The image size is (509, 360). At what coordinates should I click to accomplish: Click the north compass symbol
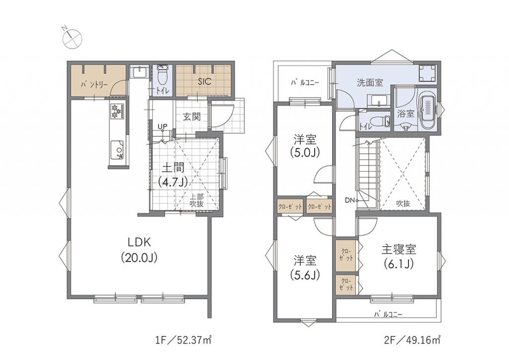tap(72, 37)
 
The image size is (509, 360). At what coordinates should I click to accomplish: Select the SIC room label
tap(204, 81)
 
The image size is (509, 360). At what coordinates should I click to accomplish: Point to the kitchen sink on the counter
tap(117, 150)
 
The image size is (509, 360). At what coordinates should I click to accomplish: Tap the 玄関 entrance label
tap(192, 117)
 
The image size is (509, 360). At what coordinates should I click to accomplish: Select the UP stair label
tap(163, 127)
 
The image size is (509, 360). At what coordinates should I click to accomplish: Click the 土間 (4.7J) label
tap(173, 175)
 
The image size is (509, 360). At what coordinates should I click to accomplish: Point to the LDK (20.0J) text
tap(139, 250)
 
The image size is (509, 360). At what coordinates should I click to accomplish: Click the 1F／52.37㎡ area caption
tap(183, 340)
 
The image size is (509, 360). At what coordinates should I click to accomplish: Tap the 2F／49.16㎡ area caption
tap(412, 340)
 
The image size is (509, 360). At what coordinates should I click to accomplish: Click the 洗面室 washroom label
tap(370, 83)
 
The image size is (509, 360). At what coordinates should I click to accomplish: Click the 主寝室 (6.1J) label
tap(399, 257)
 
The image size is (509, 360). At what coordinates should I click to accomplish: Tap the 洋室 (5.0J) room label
tap(305, 146)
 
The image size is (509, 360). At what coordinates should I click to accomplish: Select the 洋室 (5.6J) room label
tap(305, 267)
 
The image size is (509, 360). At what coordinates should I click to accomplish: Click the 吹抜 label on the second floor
tap(403, 203)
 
